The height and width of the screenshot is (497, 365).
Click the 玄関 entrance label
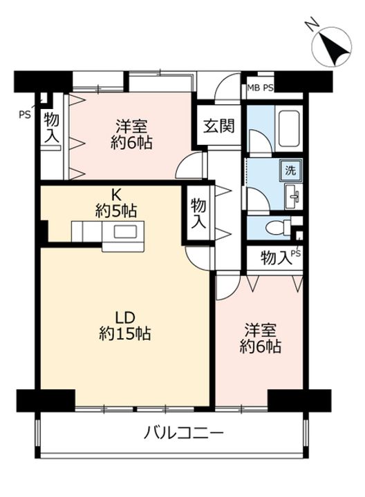pyautogui.click(x=219, y=126)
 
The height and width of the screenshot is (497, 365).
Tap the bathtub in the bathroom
pyautogui.click(x=288, y=128)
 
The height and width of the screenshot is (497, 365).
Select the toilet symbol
pyautogui.click(x=276, y=228)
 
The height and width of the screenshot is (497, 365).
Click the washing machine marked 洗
pyautogui.click(x=290, y=170)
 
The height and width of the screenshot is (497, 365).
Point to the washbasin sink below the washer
pyautogui.click(x=293, y=197)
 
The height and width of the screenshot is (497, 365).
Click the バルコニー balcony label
pyautogui.click(x=184, y=432)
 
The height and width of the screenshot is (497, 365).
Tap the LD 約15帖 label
pyautogui.click(x=124, y=326)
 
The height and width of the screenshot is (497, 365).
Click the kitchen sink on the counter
pyautogui.click(x=125, y=232)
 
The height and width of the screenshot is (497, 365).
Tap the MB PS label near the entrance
pyautogui.click(x=260, y=88)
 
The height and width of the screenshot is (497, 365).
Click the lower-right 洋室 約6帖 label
pyautogui.click(x=261, y=338)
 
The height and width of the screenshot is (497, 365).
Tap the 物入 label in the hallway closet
pyautogui.click(x=198, y=214)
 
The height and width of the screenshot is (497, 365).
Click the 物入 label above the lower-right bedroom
pyautogui.click(x=276, y=257)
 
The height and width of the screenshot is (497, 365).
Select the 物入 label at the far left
pyautogui.click(x=51, y=128)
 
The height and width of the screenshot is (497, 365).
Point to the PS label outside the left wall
pyautogui.click(x=25, y=114)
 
